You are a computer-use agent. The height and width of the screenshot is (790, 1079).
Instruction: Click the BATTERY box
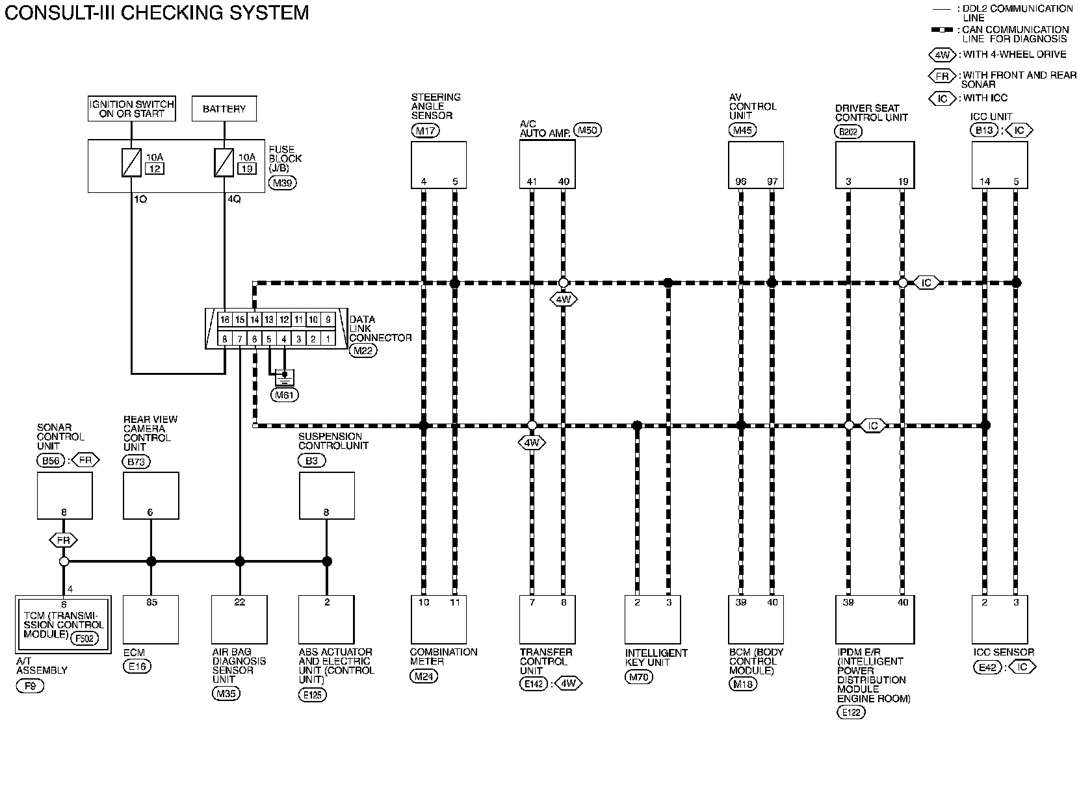[224, 108]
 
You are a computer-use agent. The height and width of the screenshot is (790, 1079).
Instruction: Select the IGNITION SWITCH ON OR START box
[132, 108]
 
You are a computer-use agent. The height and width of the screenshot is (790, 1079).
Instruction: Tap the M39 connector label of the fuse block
[283, 183]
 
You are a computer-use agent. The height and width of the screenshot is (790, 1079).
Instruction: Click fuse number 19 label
[247, 169]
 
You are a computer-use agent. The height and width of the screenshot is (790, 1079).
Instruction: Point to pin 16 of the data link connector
[225, 320]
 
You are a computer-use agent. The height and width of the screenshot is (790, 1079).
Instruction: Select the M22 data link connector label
[363, 351]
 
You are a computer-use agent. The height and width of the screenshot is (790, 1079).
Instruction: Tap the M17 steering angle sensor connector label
[425, 131]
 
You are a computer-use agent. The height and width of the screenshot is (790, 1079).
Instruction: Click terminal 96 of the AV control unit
[741, 182]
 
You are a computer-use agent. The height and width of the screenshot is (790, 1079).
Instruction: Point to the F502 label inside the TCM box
[84, 638]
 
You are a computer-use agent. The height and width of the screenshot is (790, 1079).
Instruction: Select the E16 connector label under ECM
[136, 667]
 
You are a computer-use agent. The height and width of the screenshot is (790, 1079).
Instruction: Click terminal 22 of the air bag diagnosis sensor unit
[239, 602]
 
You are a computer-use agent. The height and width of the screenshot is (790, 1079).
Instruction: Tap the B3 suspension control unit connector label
[312, 461]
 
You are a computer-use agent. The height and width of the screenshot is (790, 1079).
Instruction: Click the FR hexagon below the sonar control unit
[64, 540]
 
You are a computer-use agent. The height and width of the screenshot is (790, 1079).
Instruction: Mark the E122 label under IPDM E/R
[850, 713]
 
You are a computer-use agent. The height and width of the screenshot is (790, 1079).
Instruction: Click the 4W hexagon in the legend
[942, 55]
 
